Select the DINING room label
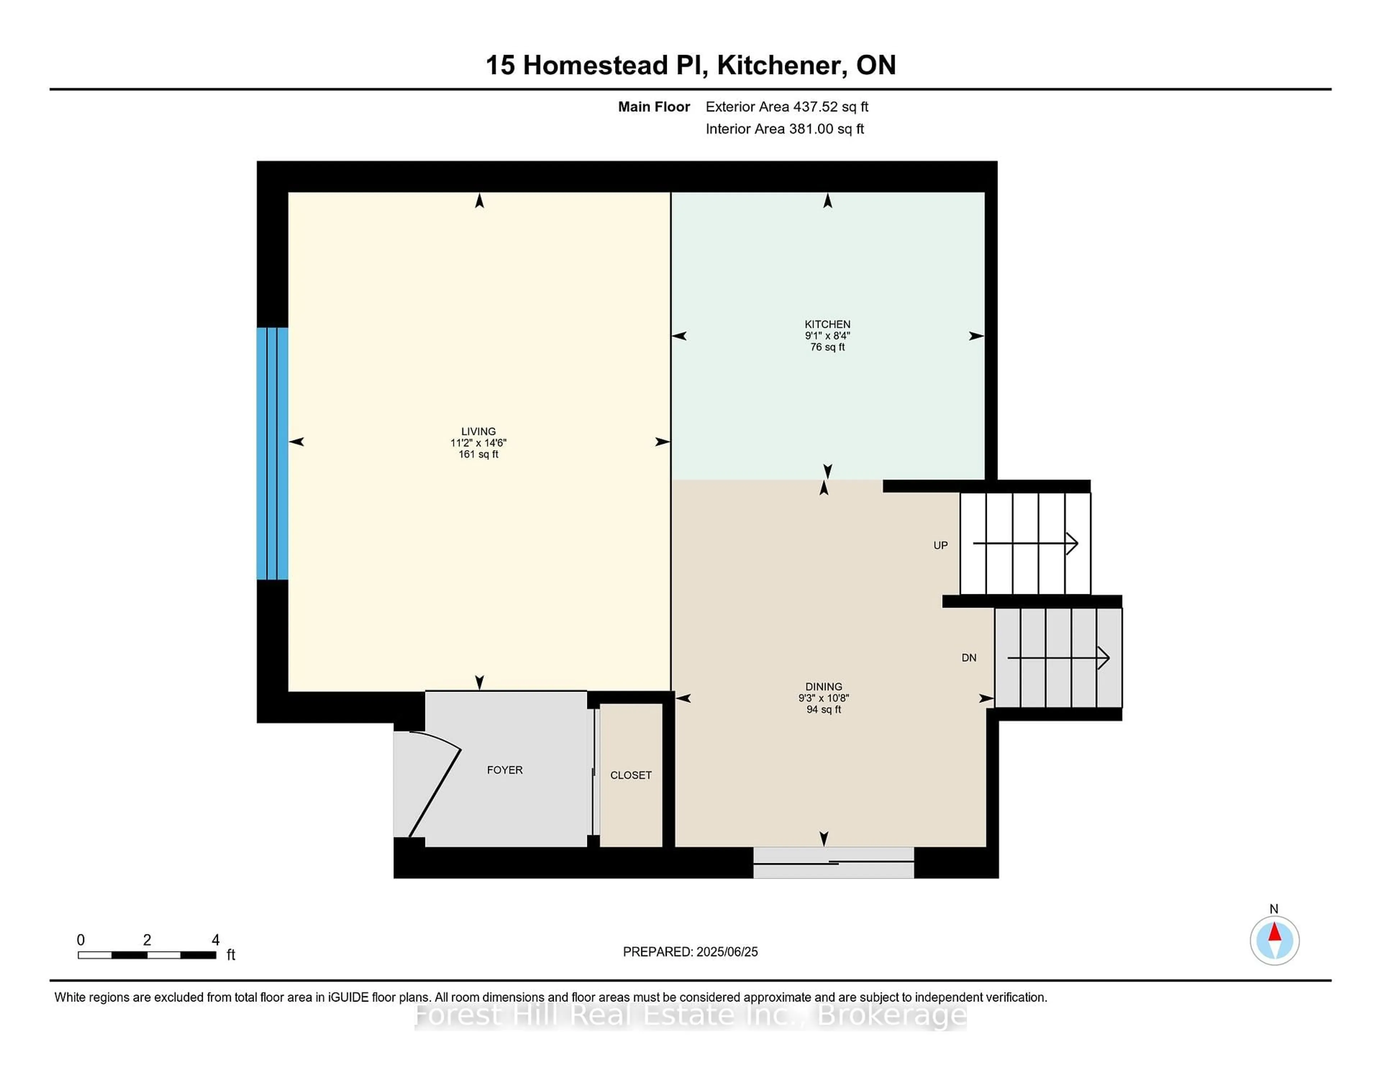[x=823, y=687]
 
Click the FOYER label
[x=505, y=770]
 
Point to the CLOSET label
[x=630, y=775]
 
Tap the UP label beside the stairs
[x=940, y=545]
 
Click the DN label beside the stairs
[x=969, y=658]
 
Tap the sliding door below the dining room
[x=833, y=862]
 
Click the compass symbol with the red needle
[x=1274, y=940]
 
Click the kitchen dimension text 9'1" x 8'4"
[x=827, y=336]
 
